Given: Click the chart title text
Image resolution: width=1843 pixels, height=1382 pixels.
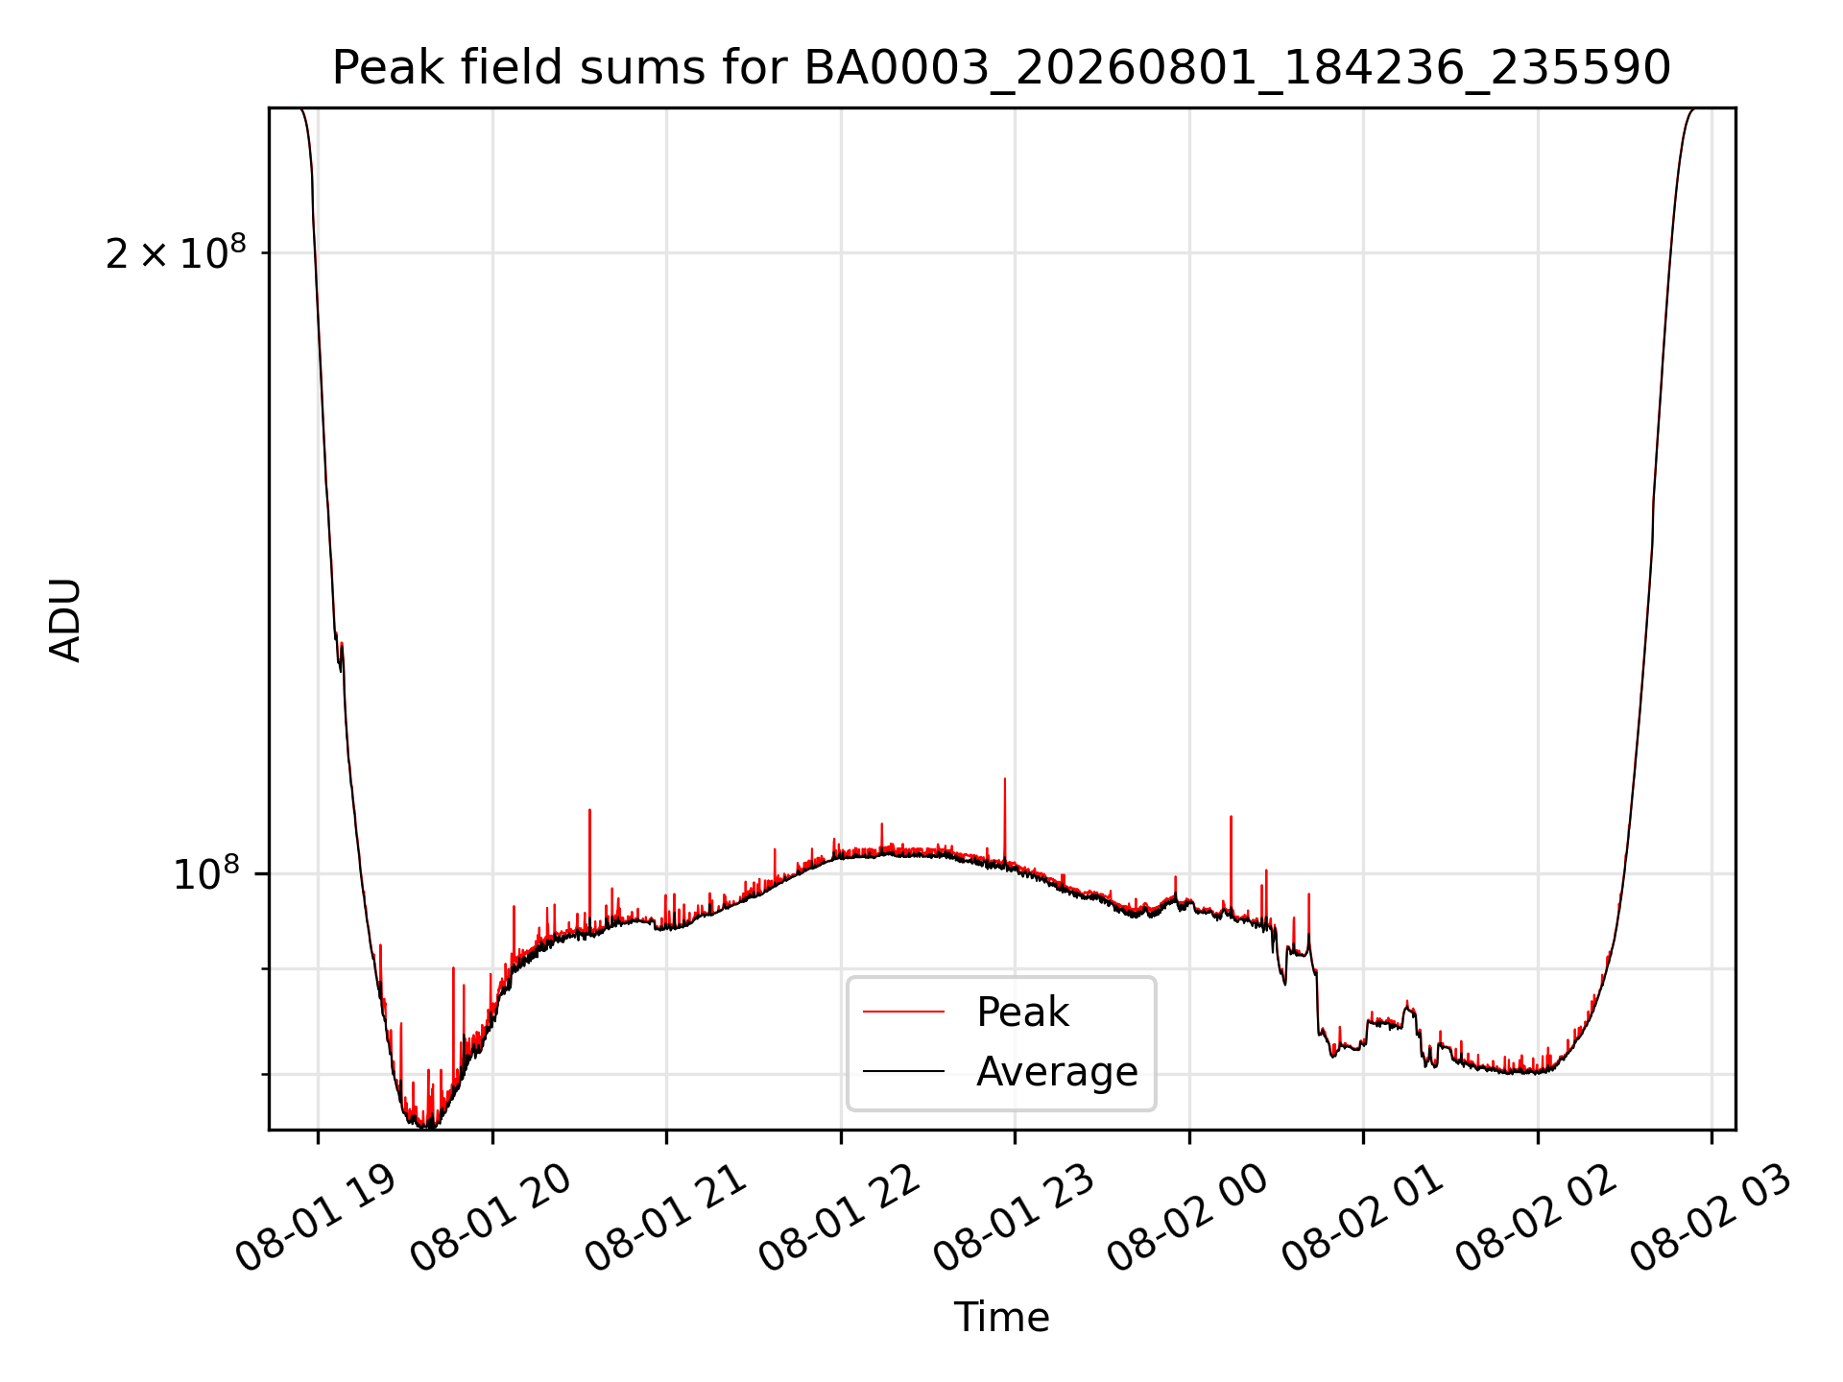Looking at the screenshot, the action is pos(1001,68).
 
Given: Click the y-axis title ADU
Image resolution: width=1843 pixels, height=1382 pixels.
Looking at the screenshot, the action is pos(65,619).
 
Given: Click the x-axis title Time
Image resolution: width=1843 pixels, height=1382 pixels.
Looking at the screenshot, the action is pos(1001,1317).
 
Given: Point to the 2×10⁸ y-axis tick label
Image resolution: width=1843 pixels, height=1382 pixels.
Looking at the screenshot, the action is pos(176,252).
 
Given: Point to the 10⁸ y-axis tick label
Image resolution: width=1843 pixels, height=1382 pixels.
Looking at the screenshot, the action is pos(205,873).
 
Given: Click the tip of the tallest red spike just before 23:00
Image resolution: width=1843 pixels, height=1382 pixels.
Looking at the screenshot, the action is pos(1005,778).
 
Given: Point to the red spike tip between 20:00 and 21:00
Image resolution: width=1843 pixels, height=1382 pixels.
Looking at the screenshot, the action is pos(589,810).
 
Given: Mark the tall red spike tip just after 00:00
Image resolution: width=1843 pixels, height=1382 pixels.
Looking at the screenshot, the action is pos(1231,817).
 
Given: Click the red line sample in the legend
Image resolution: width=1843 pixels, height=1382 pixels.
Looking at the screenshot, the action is pos(903,1012).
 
